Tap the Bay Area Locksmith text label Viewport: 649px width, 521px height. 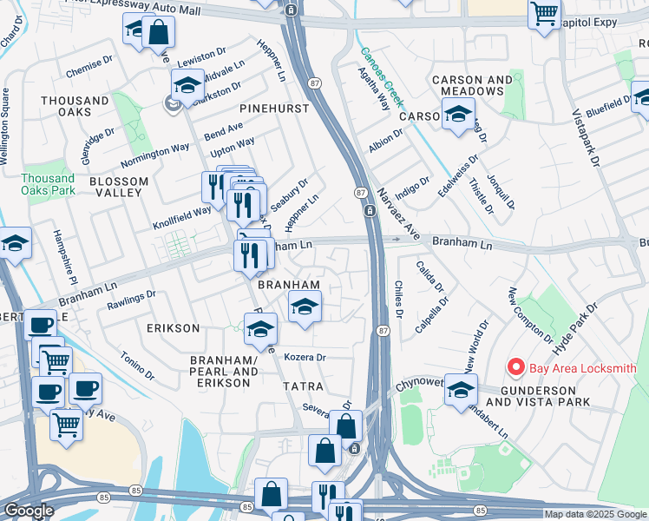click(582, 368)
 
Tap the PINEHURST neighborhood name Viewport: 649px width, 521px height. click(274, 109)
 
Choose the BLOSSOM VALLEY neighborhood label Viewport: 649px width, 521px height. click(118, 187)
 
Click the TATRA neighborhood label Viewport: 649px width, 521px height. click(303, 386)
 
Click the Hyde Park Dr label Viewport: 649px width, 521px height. click(576, 326)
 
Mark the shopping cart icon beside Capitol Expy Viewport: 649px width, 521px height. click(544, 16)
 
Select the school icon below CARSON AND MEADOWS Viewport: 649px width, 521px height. click(457, 115)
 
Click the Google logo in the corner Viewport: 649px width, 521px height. click(29, 511)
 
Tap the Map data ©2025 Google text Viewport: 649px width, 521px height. click(595, 514)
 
